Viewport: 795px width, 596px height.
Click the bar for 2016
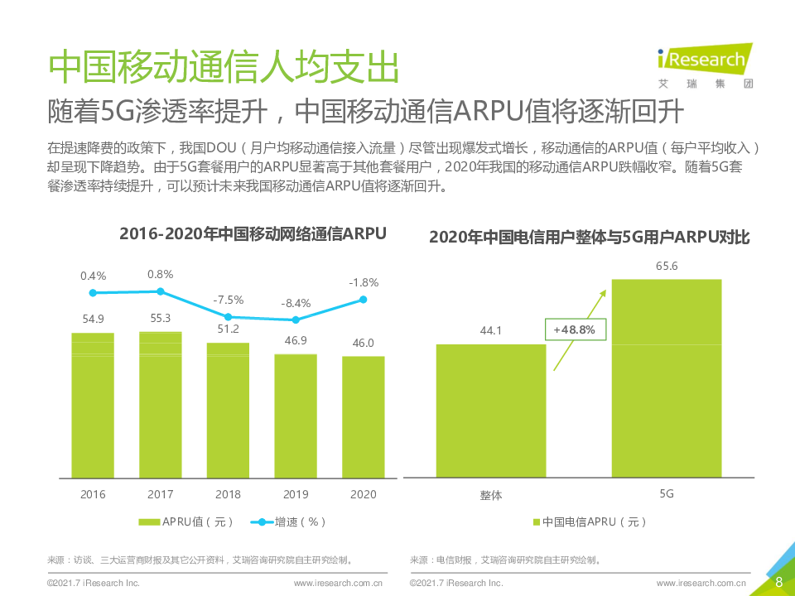tap(93, 405)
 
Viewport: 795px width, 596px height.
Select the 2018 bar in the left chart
tap(228, 410)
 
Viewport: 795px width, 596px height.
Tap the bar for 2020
tap(364, 416)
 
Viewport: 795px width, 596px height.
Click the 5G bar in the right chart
tap(667, 377)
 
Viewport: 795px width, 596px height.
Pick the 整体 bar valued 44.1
tap(491, 411)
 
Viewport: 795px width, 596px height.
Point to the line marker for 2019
tap(296, 320)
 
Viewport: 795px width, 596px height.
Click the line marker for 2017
tap(161, 291)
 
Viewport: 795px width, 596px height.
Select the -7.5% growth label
tap(228, 299)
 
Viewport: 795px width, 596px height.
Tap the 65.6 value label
tap(667, 266)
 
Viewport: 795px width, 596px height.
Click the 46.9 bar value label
tap(296, 340)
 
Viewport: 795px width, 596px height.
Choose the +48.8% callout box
tap(576, 329)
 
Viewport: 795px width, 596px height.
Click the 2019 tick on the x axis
tap(296, 494)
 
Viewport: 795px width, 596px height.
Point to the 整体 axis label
tap(491, 495)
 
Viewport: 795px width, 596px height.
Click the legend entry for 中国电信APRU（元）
tap(589, 522)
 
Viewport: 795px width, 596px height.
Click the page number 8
tap(778, 582)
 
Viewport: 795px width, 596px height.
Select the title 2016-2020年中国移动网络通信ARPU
tap(253, 234)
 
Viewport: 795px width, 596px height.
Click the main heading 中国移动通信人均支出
tap(224, 66)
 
